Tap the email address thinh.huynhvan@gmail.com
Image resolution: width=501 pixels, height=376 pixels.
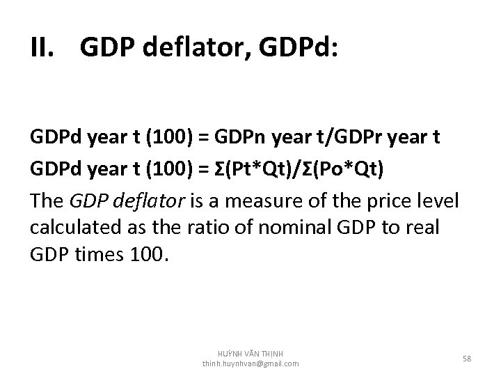(250, 364)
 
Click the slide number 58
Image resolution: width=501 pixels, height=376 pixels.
(467, 358)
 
